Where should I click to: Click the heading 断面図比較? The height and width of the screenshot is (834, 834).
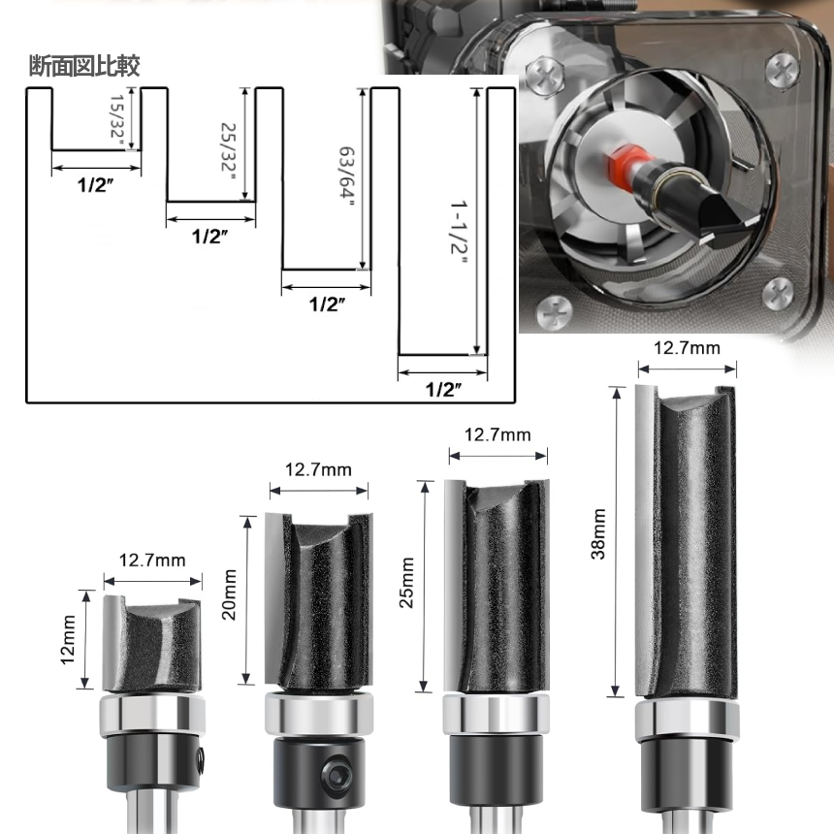[x=84, y=66]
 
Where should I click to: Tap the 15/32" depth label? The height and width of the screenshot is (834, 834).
[x=117, y=122]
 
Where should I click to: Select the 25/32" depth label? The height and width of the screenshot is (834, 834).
[x=229, y=151]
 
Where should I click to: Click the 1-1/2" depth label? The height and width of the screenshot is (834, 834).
[x=459, y=233]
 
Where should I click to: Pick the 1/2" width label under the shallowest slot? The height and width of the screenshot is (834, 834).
[x=96, y=185]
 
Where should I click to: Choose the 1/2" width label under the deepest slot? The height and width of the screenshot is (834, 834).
[x=443, y=389]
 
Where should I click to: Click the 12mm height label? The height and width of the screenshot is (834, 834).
[x=68, y=639]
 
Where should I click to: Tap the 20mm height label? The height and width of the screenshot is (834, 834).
[x=229, y=594]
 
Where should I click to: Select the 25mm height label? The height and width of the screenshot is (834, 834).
[x=407, y=583]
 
